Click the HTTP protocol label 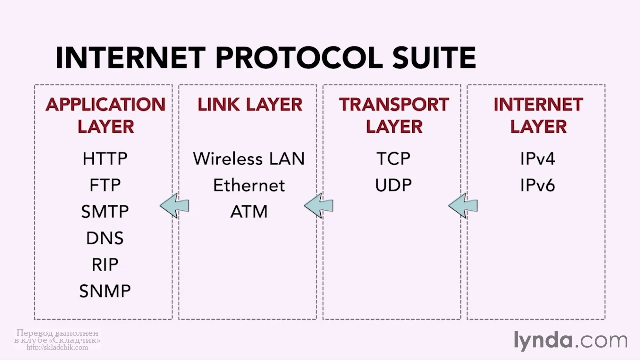pos(105,159)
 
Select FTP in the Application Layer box pos(105,185)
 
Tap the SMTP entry pos(105,211)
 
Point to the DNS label pos(105,238)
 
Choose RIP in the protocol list pos(105,264)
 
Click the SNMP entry pos(105,291)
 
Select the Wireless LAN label pos(249,159)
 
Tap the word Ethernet pos(249,185)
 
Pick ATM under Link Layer pos(249,211)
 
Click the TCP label pos(393,159)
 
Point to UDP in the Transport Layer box pos(393,185)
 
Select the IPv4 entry pos(537,159)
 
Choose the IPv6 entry pos(537,185)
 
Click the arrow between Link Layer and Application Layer pos(174,206)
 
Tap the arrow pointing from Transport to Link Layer pos(319,206)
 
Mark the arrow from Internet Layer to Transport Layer pos(463,206)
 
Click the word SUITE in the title pos(434,57)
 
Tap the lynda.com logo pos(571,341)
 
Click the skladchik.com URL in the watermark pos(57,347)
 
